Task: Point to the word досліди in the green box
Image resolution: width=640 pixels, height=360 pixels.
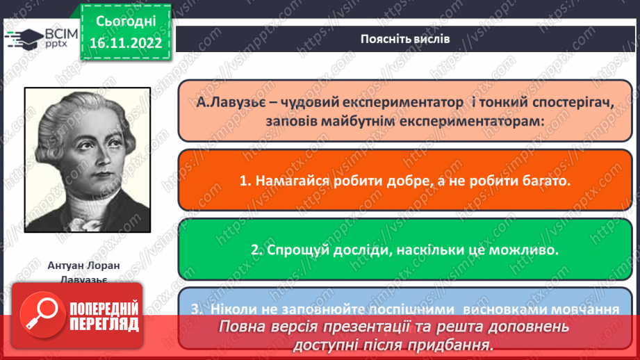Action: [366, 249]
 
